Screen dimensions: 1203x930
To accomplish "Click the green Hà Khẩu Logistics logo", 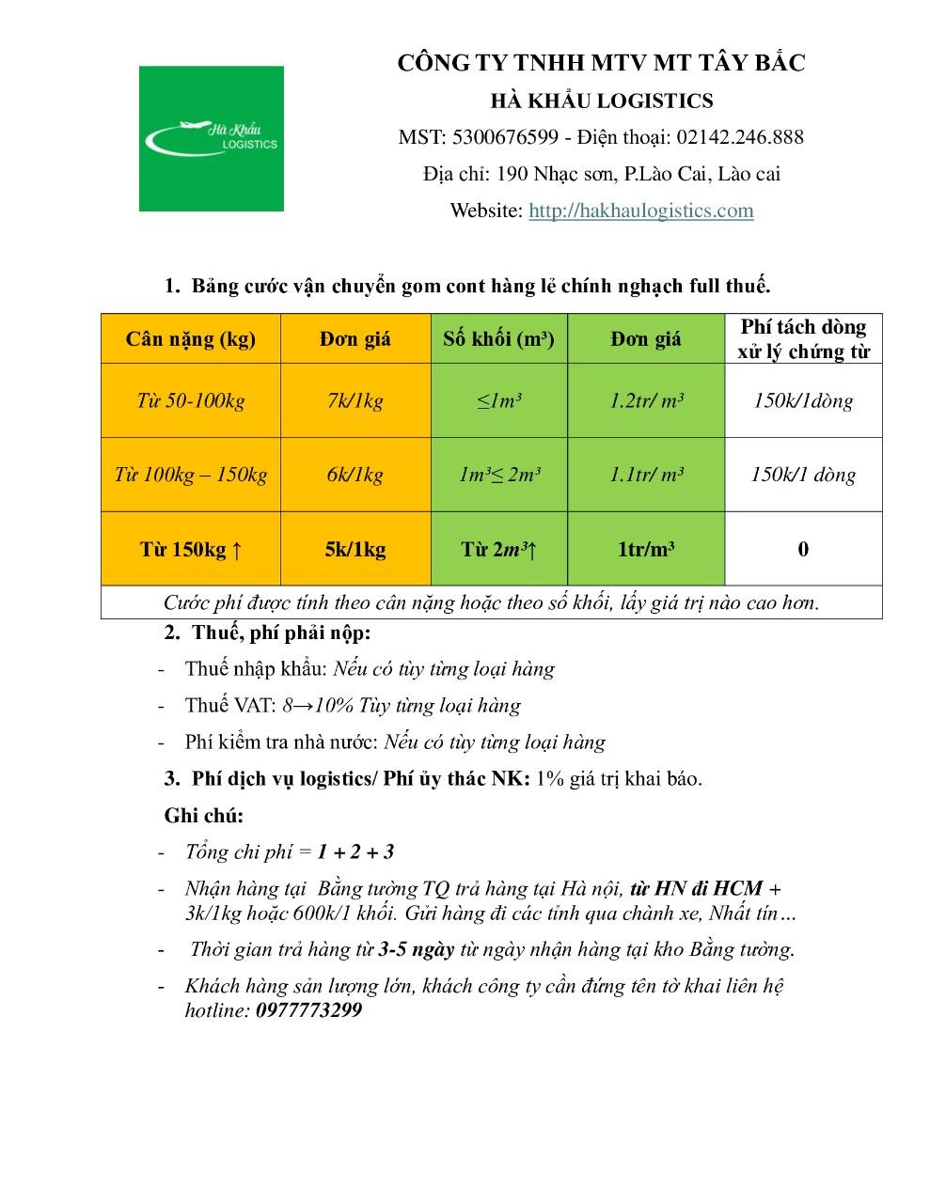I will (211, 138).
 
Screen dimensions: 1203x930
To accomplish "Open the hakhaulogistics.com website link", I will (640, 211).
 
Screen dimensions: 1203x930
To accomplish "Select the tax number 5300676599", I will (504, 137).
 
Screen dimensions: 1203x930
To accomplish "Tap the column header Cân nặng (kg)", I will (191, 339).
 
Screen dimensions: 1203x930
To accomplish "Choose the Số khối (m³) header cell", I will (498, 339).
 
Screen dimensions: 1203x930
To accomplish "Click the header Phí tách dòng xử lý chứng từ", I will (803, 339).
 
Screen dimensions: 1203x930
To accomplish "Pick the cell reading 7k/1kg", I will (355, 401).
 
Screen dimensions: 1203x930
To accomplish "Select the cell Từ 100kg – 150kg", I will (191, 475).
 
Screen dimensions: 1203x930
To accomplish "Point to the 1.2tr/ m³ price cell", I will (646, 401).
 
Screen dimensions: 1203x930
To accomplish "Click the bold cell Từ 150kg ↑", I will (191, 550).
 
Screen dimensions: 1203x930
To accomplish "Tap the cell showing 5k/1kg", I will (355, 550).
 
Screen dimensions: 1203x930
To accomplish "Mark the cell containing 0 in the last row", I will (803, 550).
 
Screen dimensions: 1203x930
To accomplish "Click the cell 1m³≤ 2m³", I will (498, 475).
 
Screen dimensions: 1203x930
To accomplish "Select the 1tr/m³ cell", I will (646, 550).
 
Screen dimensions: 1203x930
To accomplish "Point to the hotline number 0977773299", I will (308, 1010).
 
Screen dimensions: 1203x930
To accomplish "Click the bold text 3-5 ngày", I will (416, 949).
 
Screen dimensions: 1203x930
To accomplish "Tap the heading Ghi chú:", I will (204, 816).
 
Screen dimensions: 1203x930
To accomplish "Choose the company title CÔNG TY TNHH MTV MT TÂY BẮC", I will (601, 63).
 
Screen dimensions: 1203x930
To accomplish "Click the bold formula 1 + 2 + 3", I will (355, 852).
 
